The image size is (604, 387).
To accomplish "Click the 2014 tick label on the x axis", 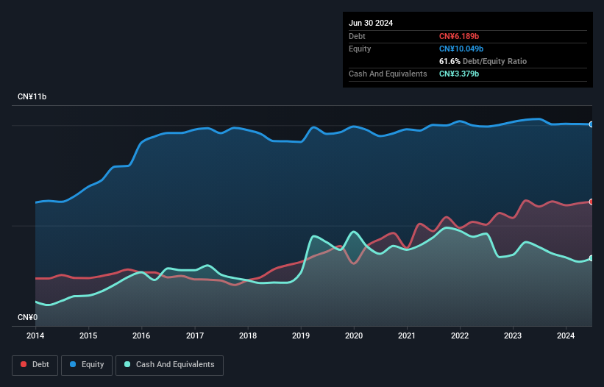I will [x=35, y=336].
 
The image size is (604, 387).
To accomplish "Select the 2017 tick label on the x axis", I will [x=195, y=336].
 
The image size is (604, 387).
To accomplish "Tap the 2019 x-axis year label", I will [x=301, y=336].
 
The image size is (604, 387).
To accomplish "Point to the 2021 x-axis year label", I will [x=407, y=336].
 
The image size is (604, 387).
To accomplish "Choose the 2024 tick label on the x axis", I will [x=566, y=336].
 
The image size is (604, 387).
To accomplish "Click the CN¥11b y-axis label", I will [x=32, y=97].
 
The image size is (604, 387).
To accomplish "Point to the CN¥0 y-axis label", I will [x=27, y=318].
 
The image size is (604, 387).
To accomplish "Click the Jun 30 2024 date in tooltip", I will [x=371, y=23].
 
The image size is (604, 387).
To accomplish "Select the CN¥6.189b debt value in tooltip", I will [x=460, y=36].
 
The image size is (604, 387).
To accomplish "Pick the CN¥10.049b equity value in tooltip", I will [x=462, y=49].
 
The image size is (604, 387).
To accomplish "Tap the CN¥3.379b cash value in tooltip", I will [x=460, y=74].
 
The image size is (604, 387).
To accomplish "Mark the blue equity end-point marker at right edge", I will [x=591, y=124].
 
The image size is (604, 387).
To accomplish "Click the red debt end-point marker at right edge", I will [x=591, y=202].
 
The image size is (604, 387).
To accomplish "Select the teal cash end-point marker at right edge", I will [x=591, y=258].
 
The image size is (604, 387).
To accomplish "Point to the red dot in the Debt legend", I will [x=24, y=364].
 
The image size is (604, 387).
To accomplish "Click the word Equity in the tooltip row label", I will [x=360, y=49].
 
